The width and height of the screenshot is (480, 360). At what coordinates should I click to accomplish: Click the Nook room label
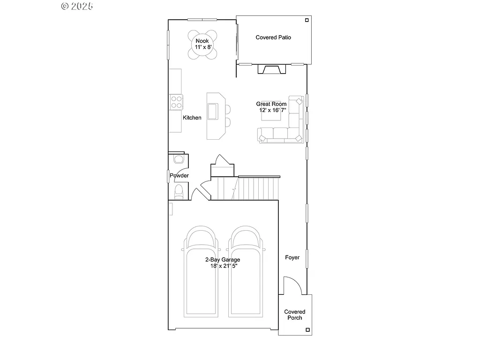pyautogui.click(x=202, y=41)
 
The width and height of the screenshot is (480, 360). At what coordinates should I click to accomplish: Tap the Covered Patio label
pyautogui.click(x=273, y=37)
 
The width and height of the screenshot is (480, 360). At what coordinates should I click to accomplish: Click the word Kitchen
pyautogui.click(x=192, y=118)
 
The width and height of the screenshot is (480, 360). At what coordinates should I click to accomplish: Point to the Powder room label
pyautogui.click(x=179, y=176)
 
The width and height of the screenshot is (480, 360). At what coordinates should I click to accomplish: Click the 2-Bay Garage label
pyautogui.click(x=222, y=260)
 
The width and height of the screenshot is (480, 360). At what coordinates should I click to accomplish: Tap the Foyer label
pyautogui.click(x=292, y=257)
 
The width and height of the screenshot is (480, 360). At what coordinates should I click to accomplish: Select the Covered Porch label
pyautogui.click(x=295, y=315)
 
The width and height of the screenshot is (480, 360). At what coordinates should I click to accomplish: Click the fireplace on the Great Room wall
pyautogui.click(x=270, y=69)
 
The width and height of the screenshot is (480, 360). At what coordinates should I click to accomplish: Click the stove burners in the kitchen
pyautogui.click(x=177, y=102)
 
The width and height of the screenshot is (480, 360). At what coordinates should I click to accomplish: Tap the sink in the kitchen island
pyautogui.click(x=212, y=111)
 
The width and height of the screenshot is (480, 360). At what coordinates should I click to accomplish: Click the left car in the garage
pyautogui.click(x=202, y=272)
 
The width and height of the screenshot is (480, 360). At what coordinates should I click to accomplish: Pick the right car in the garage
pyautogui.click(x=246, y=272)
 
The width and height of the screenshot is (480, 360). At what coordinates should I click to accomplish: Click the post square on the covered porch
pyautogui.click(x=307, y=330)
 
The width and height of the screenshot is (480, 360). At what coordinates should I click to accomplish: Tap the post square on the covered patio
pyautogui.click(x=307, y=20)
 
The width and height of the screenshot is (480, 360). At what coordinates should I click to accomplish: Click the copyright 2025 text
pyautogui.click(x=77, y=6)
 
